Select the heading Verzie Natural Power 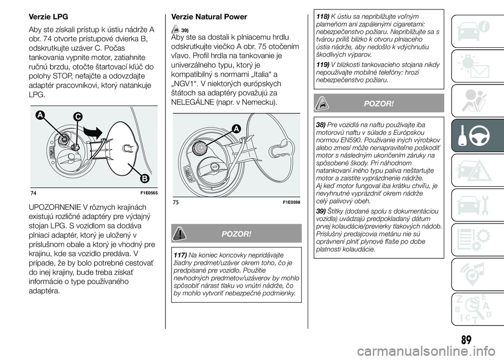click(209, 17)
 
